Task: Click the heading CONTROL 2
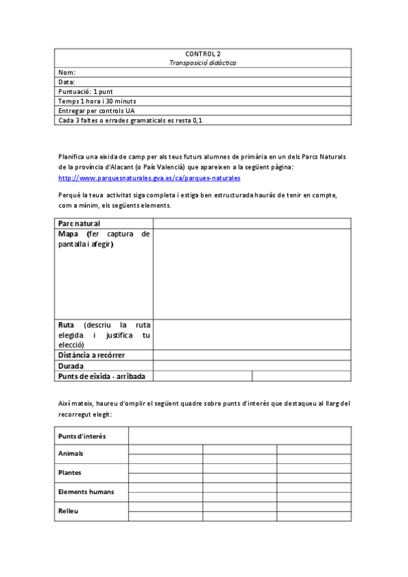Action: pyautogui.click(x=203, y=53)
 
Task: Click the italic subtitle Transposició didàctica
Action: pyautogui.click(x=203, y=62)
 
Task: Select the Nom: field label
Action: pyautogui.click(x=67, y=72)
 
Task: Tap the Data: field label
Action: pyautogui.click(x=67, y=82)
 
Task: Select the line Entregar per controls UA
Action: pyautogui.click(x=96, y=110)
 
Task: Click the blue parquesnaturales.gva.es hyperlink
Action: pyautogui.click(x=149, y=178)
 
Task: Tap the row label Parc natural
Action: pyautogui.click(x=79, y=223)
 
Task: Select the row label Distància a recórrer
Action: pyautogui.click(x=91, y=355)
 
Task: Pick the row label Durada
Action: pyautogui.click(x=71, y=365)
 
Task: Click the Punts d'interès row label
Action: pyautogui.click(x=82, y=435)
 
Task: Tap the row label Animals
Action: pyautogui.click(x=71, y=453)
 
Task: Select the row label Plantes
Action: pyautogui.click(x=69, y=472)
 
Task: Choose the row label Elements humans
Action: pyautogui.click(x=86, y=491)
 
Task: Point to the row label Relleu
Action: pyautogui.click(x=68, y=510)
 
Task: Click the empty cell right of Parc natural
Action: pyautogui.click(x=252, y=223)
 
